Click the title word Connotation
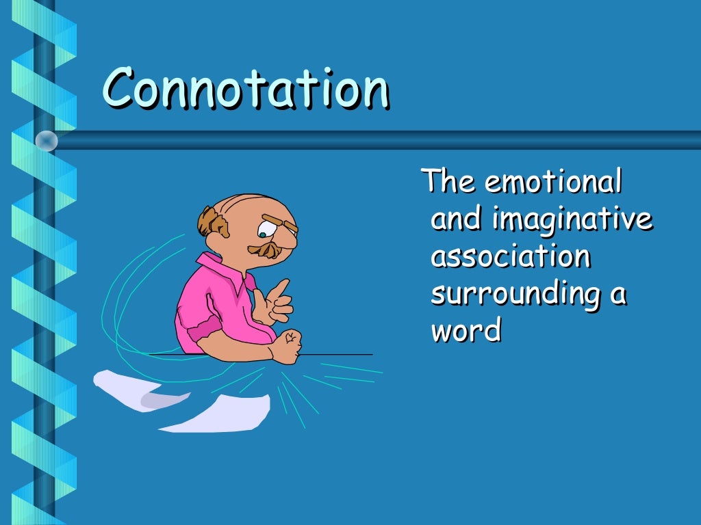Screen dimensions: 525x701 (246, 89)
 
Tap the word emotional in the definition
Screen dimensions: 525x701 (552, 183)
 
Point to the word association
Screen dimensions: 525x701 (510, 257)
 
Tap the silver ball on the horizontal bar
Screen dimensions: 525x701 (47, 141)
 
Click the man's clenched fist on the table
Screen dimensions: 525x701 (288, 345)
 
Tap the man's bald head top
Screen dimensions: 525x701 (246, 205)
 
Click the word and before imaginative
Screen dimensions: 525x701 (455, 220)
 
